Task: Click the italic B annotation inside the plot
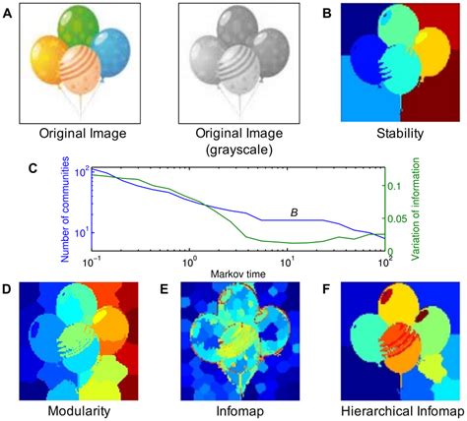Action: [x=293, y=211]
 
